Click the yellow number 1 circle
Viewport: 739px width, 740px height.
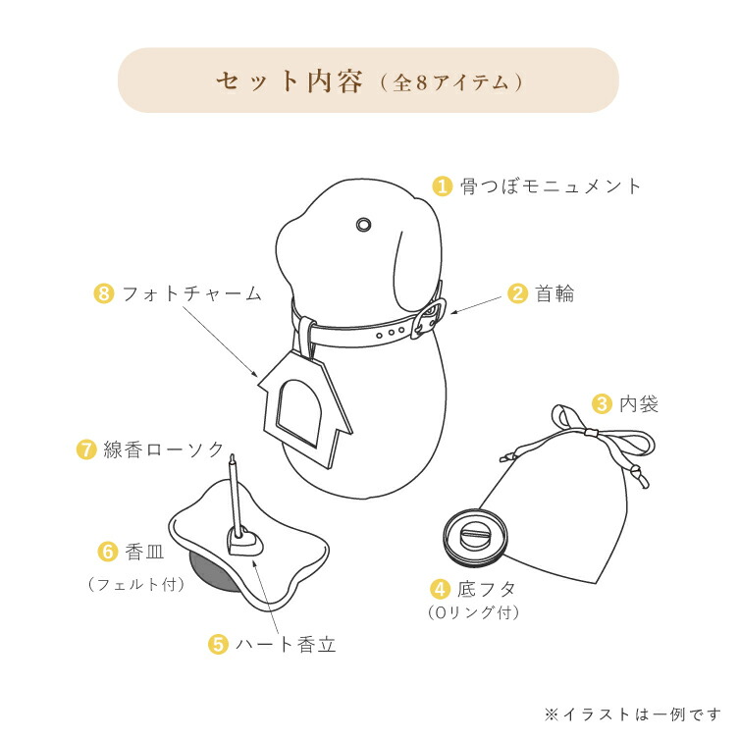point(444,185)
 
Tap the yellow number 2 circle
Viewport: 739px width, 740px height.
point(517,293)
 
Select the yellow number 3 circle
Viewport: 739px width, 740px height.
point(602,403)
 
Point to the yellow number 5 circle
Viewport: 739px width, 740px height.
point(219,645)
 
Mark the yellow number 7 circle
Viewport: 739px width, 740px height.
point(86,450)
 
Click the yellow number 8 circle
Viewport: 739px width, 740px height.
point(105,293)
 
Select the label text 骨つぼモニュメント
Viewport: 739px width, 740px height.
point(552,185)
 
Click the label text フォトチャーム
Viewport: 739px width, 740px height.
point(191,293)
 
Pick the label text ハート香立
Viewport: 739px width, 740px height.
point(285,645)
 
